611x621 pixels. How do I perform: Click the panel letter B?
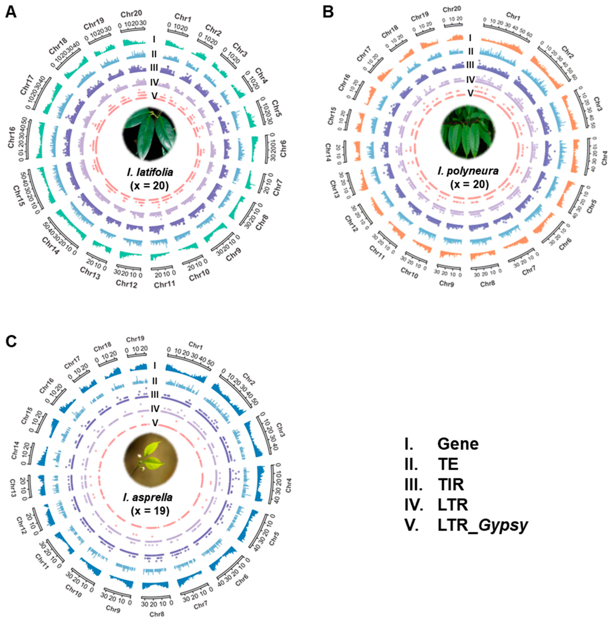(328, 12)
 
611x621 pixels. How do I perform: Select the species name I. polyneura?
(469, 171)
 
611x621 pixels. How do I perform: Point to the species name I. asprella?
(148, 497)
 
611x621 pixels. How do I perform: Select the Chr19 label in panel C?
(135, 339)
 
